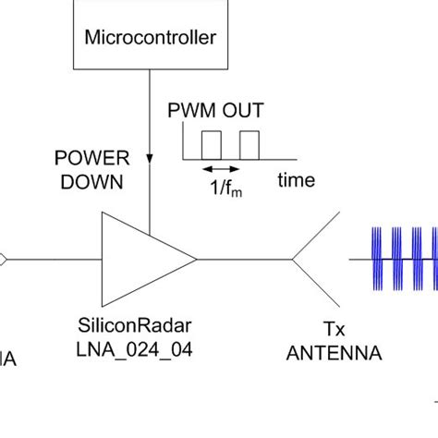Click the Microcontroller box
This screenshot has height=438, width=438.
[149, 37]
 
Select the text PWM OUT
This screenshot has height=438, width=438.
[215, 112]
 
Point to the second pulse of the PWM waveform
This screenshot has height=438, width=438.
[249, 143]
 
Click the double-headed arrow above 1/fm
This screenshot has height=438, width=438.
[221, 168]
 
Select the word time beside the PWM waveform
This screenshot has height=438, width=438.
[296, 180]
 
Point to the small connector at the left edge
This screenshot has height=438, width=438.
[3, 258]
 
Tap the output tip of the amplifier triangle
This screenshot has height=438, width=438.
[195, 258]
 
